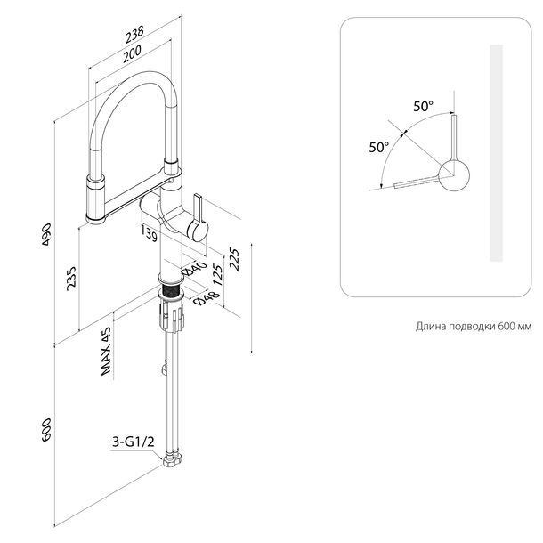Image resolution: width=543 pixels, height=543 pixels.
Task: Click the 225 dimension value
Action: tap(235, 260)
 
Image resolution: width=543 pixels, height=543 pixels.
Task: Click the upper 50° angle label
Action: tap(424, 106)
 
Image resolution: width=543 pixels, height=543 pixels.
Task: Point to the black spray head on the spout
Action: tap(94, 199)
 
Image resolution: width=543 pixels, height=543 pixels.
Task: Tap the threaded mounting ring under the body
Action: tap(170, 290)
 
